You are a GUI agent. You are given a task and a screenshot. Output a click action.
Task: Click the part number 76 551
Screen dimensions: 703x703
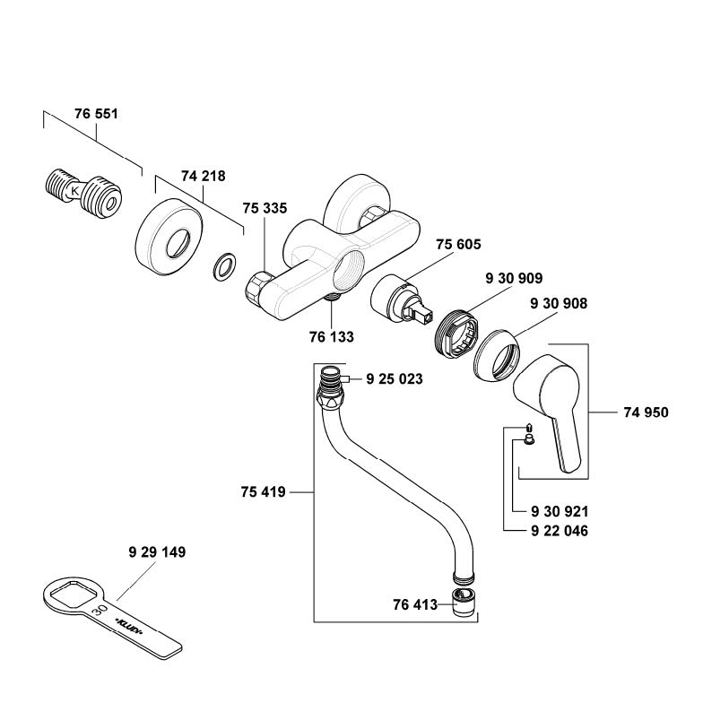tap(96, 115)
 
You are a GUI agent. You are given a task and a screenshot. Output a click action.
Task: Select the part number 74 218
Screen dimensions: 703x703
tap(204, 176)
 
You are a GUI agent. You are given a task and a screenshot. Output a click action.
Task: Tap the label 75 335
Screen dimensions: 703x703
tap(265, 208)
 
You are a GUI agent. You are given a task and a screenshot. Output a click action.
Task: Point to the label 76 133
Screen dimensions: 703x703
tap(331, 337)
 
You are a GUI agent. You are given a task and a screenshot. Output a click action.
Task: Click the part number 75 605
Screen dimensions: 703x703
tap(458, 246)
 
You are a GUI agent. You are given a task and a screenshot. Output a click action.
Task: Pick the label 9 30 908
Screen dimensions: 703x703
tap(558, 304)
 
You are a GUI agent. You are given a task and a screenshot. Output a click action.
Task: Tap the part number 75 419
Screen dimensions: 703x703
tap(263, 491)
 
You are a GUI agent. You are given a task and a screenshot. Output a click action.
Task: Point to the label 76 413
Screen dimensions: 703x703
tap(415, 604)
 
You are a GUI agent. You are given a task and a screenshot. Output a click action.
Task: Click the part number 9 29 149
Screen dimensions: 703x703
tap(156, 552)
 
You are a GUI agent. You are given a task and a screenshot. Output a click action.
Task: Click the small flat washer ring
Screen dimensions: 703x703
tap(222, 266)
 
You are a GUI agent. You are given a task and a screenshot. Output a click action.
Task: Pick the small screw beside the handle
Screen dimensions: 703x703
tap(528, 435)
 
